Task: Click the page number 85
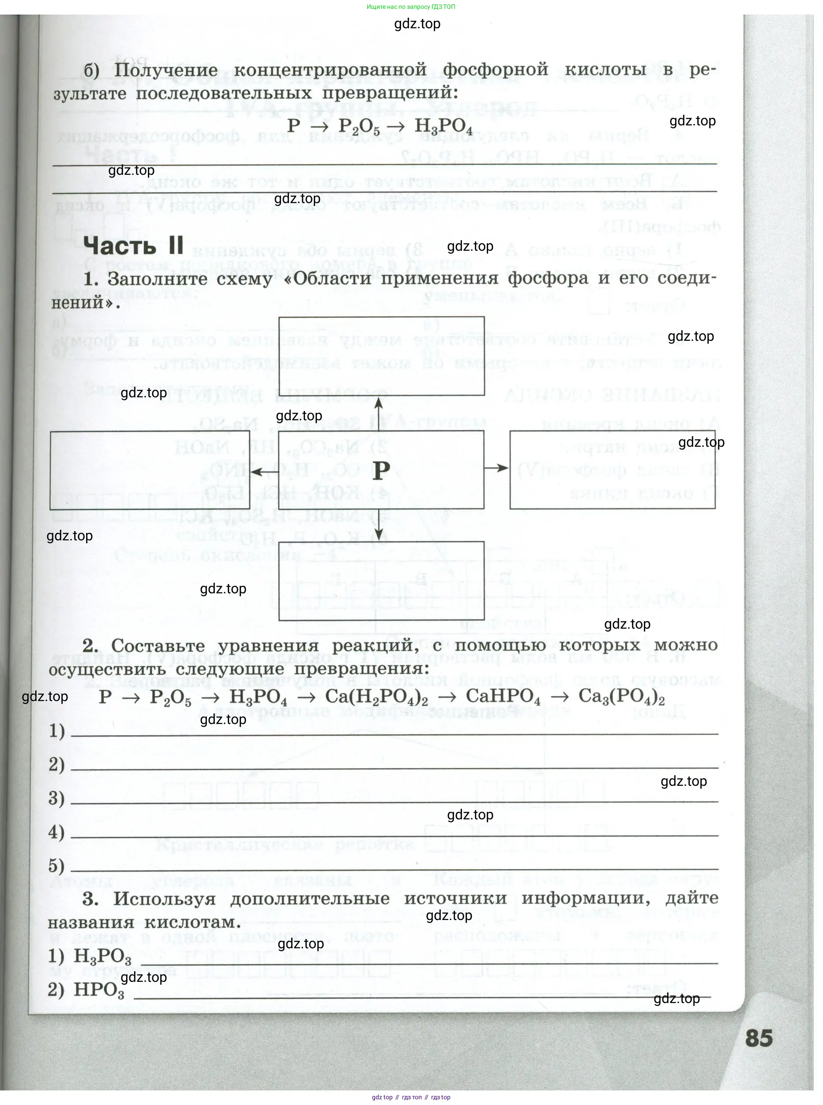[759, 1038]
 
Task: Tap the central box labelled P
[381, 470]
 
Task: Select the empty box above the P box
[381, 356]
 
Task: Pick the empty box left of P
[150, 470]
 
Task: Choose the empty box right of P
[612, 470]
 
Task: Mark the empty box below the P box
[381, 581]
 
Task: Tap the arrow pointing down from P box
[379, 525]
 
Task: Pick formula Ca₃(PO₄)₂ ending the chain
[621, 697]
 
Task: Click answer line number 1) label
[57, 731]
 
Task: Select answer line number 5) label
[56, 866]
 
